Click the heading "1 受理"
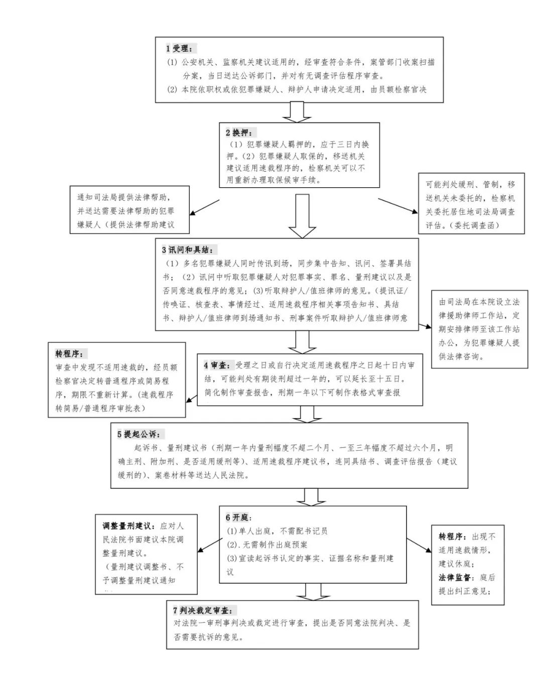click(179, 49)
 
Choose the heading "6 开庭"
click(238, 517)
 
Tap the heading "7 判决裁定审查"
click(202, 610)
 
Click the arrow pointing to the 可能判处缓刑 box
click(397, 206)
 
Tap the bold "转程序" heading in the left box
click(71, 354)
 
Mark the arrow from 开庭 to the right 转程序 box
click(419, 546)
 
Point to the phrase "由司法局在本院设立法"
click(479, 302)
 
